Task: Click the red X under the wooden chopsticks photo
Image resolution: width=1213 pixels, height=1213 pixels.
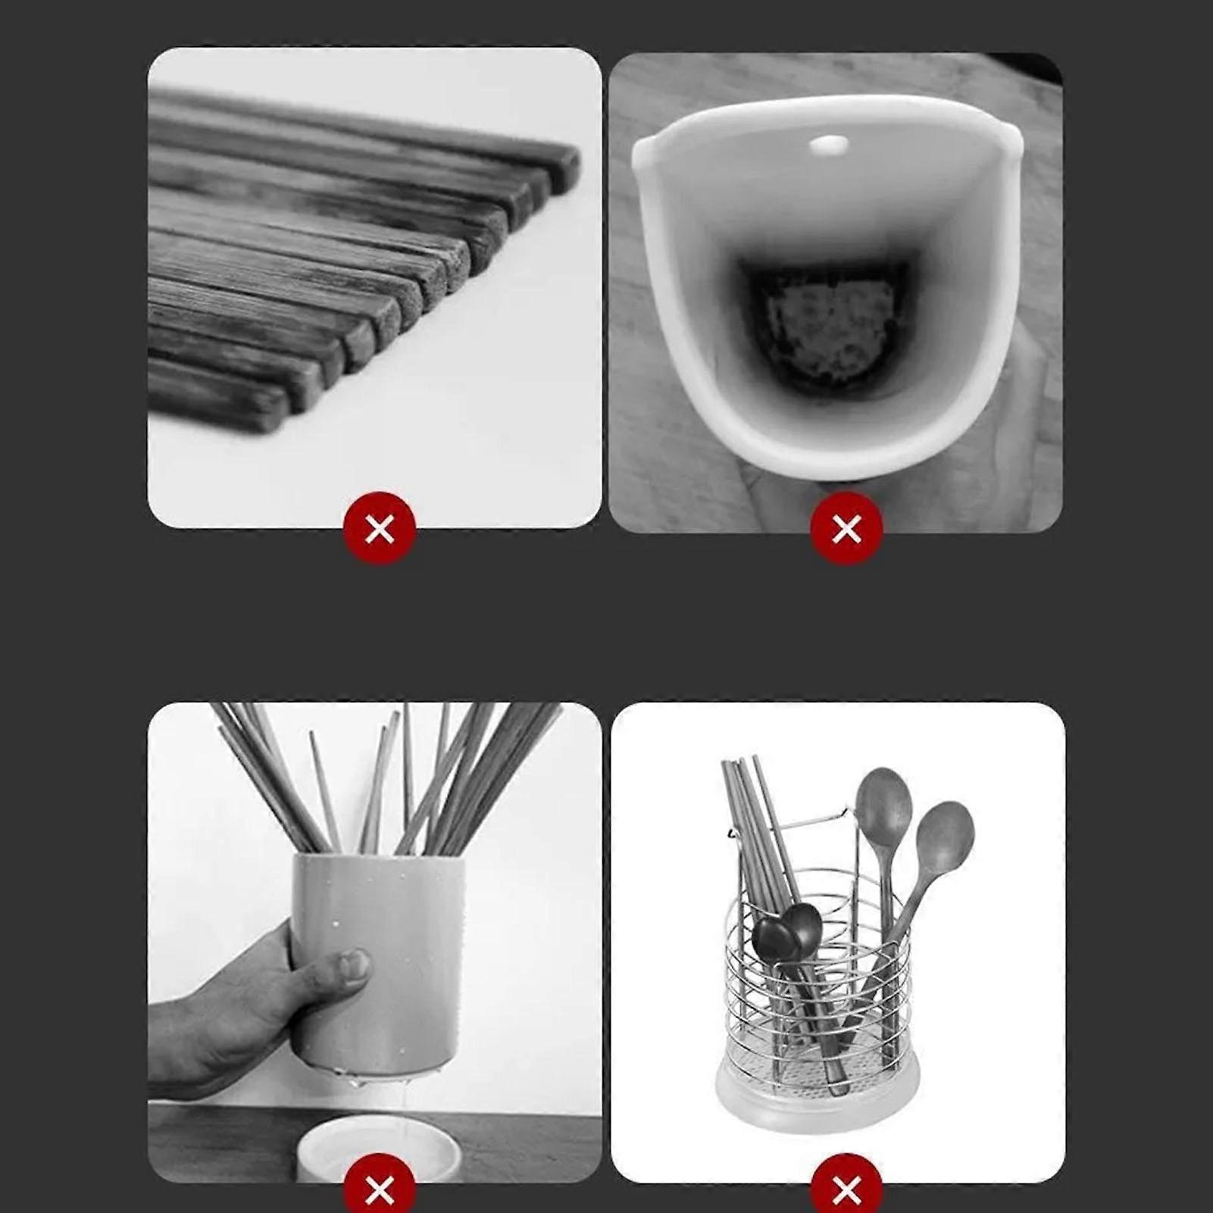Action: [x=379, y=528]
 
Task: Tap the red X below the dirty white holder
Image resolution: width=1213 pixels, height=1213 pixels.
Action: [x=846, y=528]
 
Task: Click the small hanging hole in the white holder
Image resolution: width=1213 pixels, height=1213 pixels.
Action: [x=827, y=144]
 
